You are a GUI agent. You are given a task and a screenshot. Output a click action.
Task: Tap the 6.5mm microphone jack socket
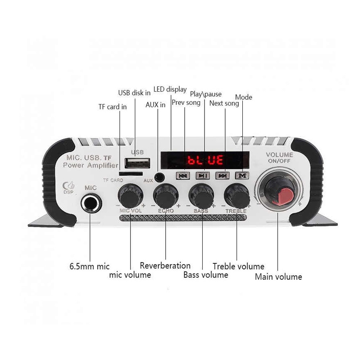click(91, 203)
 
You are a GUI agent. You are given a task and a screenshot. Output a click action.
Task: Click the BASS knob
click(201, 196)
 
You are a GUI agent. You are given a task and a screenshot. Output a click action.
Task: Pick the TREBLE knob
click(236, 196)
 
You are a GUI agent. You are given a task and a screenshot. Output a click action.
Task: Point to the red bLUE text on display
click(205, 160)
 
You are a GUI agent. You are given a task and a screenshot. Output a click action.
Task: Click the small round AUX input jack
click(159, 177)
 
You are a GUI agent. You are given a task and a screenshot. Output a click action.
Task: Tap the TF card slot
click(130, 174)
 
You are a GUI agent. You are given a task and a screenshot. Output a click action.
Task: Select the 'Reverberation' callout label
click(165, 266)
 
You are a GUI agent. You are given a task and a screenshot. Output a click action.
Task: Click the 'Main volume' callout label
click(278, 277)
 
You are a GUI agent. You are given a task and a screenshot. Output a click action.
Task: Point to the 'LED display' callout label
click(170, 89)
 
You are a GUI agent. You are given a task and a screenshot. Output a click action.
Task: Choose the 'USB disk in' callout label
click(134, 93)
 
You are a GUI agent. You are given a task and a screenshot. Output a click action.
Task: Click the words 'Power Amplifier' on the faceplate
click(90, 166)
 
